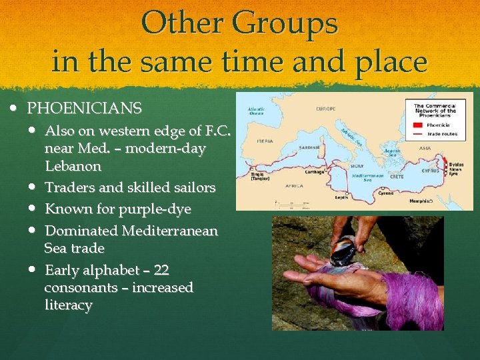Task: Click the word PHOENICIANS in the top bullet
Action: click(84, 108)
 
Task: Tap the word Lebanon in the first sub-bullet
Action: click(73, 166)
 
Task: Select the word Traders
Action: click(68, 188)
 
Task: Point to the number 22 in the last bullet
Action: click(161, 270)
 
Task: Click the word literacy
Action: click(68, 305)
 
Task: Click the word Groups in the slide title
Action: click(286, 24)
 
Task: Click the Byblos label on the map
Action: click(457, 163)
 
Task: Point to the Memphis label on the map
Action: click(419, 201)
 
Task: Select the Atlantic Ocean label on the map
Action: click(256, 112)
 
